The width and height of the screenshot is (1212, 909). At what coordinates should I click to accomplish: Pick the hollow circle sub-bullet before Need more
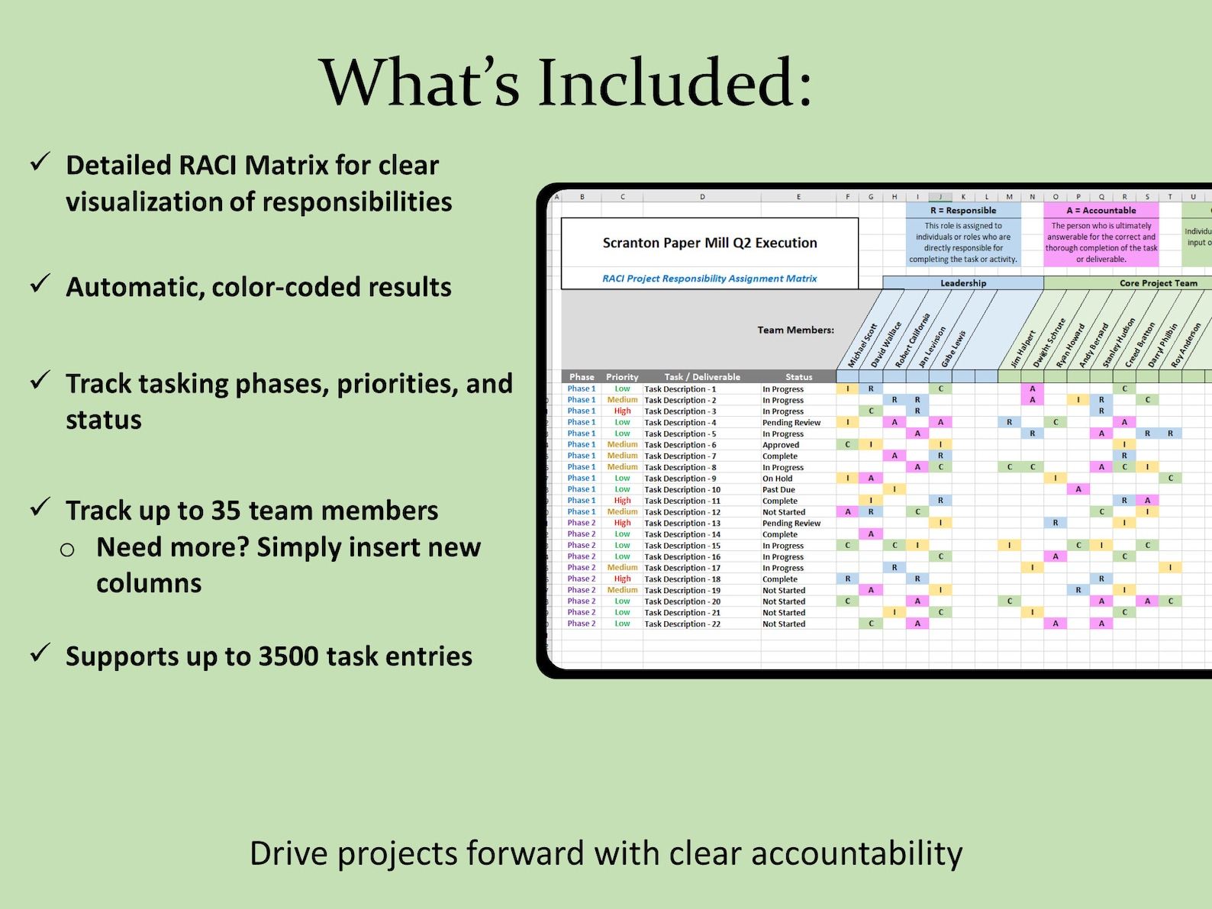[x=68, y=550]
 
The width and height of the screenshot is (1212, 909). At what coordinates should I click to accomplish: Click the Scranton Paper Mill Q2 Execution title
[x=709, y=243]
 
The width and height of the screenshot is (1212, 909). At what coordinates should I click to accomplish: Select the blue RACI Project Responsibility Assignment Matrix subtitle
[x=709, y=279]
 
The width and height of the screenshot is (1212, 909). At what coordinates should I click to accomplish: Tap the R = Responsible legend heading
[x=962, y=211]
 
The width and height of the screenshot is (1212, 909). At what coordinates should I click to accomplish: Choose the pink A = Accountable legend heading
[x=1101, y=211]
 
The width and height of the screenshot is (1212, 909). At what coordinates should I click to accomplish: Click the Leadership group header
[x=962, y=283]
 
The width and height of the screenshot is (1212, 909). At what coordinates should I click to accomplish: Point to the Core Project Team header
[x=1158, y=283]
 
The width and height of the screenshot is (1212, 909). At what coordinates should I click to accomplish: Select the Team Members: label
[x=795, y=330]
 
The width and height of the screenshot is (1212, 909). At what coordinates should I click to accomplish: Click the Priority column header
[x=622, y=377]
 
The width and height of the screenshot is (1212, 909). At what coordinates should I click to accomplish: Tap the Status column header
[x=798, y=377]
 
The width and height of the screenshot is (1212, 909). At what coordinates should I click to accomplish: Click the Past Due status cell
[x=778, y=490]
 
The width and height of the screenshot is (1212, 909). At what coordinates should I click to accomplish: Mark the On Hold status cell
[x=777, y=479]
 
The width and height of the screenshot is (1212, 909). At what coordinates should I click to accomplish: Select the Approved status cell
[x=781, y=445]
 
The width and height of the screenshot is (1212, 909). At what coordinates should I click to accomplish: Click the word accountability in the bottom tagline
[x=856, y=853]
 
